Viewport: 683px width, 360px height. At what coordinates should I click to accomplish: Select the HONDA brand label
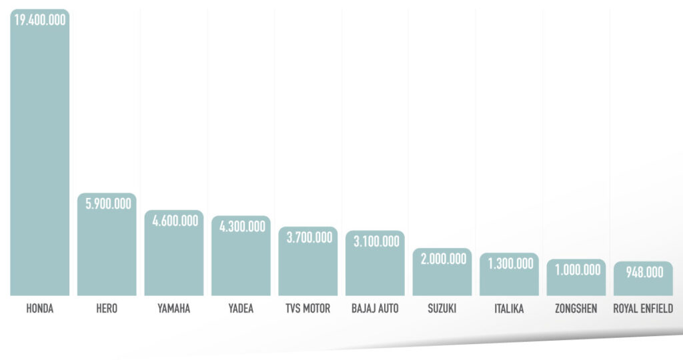40,309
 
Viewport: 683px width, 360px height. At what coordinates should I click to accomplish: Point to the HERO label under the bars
107,309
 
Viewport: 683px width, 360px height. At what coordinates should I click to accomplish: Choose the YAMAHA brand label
174,309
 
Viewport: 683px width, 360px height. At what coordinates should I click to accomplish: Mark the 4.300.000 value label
241,227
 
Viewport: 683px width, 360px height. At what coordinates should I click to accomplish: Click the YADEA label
241,309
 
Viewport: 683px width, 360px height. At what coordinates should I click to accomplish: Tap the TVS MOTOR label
307,309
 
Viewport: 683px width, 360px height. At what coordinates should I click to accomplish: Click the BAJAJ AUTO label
375,309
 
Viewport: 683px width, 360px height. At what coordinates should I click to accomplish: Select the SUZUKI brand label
442,309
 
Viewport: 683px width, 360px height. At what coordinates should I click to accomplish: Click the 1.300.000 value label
510,264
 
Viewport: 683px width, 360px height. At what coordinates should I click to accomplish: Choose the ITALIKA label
509,309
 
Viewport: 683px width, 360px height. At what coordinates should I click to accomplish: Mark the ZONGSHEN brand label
576,309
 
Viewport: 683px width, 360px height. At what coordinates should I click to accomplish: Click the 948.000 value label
644,272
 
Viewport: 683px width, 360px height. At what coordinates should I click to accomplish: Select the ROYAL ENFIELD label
643,309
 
